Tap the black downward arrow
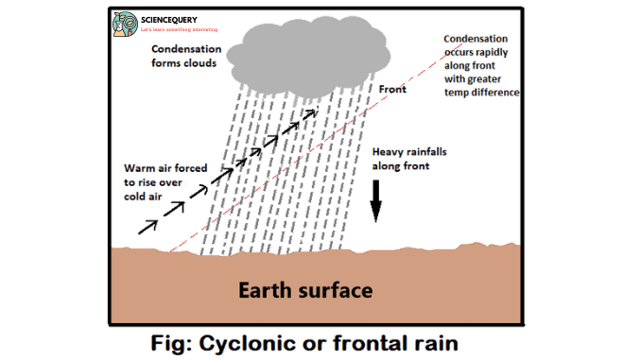pyautogui.click(x=375, y=198)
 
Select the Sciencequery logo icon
pyautogui.click(x=124, y=24)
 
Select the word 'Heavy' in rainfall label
pyautogui.click(x=390, y=152)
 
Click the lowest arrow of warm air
pyautogui.click(x=149, y=225)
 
